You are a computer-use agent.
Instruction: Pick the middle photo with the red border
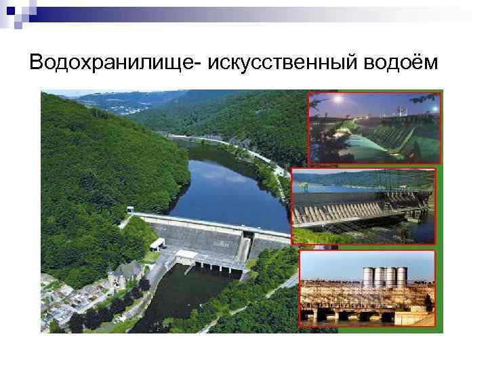[363, 206]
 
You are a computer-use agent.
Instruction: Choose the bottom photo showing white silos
[367, 288]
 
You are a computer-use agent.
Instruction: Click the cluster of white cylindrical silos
[384, 276]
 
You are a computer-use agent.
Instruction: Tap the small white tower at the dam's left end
[157, 243]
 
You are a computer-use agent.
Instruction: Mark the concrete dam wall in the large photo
[197, 234]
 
